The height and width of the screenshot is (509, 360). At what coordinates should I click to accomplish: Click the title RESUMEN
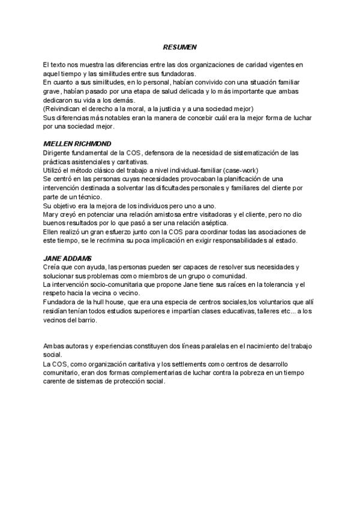tap(180, 47)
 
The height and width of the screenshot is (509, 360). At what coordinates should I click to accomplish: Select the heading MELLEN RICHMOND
tap(73, 145)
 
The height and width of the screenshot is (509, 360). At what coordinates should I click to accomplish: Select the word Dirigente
tap(59, 153)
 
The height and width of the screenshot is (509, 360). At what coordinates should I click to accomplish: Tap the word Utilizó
tap(54, 170)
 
